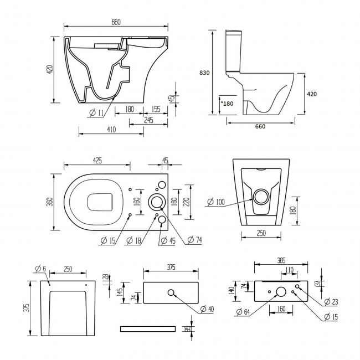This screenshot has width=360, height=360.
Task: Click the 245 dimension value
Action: (148, 120)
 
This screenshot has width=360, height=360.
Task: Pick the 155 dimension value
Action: (156, 110)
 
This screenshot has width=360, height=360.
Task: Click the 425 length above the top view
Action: (97, 161)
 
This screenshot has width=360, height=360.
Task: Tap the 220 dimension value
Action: (187, 201)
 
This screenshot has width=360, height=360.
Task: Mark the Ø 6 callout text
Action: (40, 269)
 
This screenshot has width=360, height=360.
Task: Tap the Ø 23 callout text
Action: (331, 302)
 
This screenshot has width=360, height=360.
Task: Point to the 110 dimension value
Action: (290, 270)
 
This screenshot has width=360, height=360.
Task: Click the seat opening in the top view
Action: (101, 202)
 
